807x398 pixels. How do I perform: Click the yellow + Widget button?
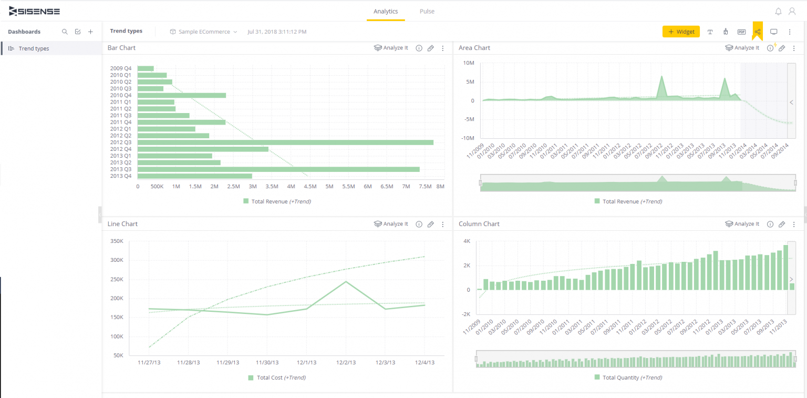tap(681, 32)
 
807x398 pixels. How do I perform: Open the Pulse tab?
tap(427, 11)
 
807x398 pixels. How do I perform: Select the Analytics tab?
tap(386, 11)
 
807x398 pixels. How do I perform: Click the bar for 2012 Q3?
tap(285, 142)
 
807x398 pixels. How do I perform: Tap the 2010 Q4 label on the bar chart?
tap(121, 95)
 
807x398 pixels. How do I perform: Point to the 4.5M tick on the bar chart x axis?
tap(310, 187)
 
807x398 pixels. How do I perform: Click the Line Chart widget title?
tap(122, 224)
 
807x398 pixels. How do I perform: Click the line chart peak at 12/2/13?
tap(346, 282)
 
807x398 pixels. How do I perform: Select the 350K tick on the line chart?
tap(116, 241)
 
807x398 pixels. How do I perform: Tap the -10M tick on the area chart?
tap(467, 138)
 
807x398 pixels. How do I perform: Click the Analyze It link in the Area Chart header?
tap(746, 48)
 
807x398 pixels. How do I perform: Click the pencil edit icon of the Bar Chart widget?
tap(431, 48)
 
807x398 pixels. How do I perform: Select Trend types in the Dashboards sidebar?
tap(34, 48)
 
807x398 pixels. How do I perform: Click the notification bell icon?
tap(778, 11)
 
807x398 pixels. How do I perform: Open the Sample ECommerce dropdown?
tap(204, 32)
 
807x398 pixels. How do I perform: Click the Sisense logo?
tap(35, 11)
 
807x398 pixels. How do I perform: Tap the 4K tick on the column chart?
tap(467, 241)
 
